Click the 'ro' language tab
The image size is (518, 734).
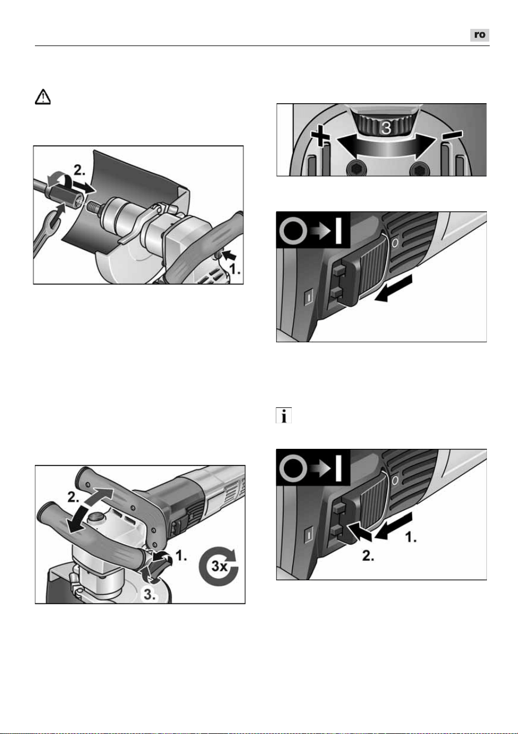pyautogui.click(x=479, y=35)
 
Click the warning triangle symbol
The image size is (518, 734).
pyautogui.click(x=43, y=97)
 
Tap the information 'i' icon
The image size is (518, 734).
pyautogui.click(x=284, y=416)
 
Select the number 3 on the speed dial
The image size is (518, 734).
pyautogui.click(x=387, y=128)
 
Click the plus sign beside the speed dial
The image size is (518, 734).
pyautogui.click(x=320, y=136)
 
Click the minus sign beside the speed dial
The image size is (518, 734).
pyautogui.click(x=453, y=134)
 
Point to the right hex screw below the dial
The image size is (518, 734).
pyautogui.click(x=419, y=169)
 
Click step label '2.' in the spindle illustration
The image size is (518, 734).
pyautogui.click(x=79, y=170)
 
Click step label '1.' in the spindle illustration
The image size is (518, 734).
pyautogui.click(x=235, y=269)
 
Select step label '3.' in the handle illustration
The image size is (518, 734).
pyautogui.click(x=149, y=595)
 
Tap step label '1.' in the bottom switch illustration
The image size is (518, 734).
pyautogui.click(x=411, y=537)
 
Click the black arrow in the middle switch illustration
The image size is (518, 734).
pyautogui.click(x=393, y=288)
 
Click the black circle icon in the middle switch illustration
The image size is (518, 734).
pyautogui.click(x=293, y=232)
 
